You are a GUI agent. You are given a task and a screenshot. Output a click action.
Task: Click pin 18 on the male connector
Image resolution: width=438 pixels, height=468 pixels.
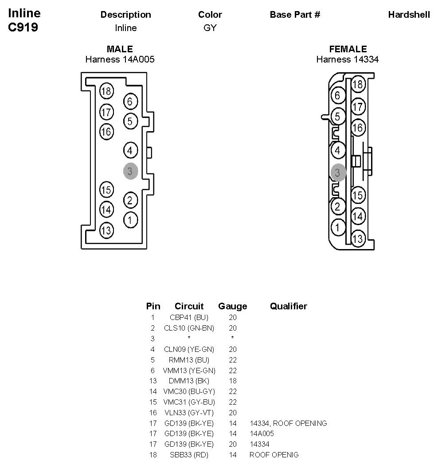106,91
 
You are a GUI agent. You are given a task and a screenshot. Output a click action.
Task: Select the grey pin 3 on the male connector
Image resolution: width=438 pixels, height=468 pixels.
130,171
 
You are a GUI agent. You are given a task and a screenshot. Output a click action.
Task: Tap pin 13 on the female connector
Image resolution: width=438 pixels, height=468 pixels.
358,238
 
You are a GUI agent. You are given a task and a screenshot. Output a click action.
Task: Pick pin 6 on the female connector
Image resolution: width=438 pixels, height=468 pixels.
338,95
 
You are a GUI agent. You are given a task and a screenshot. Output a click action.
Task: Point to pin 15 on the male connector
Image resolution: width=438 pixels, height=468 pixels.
106,190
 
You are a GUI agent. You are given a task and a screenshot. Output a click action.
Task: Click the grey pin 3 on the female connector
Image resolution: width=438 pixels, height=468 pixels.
338,172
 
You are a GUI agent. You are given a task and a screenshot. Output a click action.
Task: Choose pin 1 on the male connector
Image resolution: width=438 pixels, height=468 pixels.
130,219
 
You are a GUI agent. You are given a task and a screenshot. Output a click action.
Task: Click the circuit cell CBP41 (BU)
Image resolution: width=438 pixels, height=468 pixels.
189,317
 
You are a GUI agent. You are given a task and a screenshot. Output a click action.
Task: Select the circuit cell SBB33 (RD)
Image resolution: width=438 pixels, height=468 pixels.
189,455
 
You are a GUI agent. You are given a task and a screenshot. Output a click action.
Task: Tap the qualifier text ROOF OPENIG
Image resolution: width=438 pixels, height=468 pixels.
274,455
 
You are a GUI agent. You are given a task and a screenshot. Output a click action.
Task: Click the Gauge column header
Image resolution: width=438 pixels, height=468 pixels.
232,306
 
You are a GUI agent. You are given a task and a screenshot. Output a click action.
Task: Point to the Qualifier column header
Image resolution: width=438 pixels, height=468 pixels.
288,306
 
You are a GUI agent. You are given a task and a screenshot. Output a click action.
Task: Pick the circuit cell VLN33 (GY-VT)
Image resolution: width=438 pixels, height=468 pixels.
189,413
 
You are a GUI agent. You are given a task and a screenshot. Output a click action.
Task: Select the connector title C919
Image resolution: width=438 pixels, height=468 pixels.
23,27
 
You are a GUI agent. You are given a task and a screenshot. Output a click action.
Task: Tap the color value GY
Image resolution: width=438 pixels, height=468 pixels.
210,28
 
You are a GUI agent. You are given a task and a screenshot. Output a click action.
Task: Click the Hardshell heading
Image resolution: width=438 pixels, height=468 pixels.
409,15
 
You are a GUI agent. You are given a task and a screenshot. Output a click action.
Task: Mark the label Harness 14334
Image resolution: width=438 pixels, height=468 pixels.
347,59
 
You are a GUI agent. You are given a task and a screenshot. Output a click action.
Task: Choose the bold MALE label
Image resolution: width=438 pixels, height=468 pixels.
120,49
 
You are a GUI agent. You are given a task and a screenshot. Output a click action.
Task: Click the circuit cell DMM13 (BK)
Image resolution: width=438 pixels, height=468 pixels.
189,381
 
